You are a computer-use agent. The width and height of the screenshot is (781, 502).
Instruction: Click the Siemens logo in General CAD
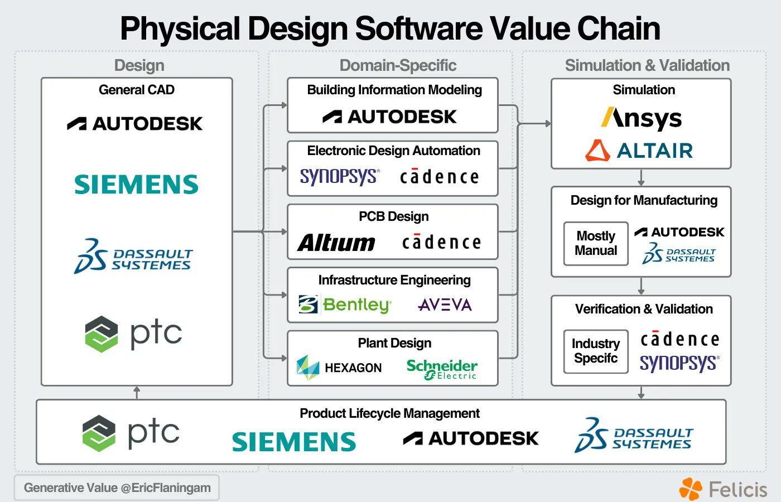point(136,185)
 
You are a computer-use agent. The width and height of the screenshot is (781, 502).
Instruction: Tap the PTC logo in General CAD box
point(134,334)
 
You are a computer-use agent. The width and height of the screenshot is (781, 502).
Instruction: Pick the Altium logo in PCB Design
point(336,243)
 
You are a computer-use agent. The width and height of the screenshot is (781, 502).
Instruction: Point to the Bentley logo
point(345,305)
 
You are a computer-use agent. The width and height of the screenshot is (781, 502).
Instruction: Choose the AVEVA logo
point(445,305)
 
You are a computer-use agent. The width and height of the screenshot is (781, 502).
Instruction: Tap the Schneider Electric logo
point(442,369)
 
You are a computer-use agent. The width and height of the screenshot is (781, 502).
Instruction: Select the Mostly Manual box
point(596,244)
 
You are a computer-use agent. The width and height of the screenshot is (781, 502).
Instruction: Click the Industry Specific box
point(596,351)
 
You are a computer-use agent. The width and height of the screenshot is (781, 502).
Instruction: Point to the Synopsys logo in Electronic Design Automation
point(340,177)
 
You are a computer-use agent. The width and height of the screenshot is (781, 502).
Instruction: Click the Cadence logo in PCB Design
point(441,243)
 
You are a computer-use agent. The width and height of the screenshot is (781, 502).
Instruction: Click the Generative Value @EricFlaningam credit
point(117,488)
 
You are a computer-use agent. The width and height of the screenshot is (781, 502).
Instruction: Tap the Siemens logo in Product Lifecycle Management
point(294,442)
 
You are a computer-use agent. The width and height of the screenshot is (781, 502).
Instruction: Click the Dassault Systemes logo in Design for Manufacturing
point(679,254)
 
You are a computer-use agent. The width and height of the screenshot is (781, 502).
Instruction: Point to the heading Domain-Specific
point(398,65)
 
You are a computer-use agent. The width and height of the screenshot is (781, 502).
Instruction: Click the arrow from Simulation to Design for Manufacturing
point(641,178)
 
